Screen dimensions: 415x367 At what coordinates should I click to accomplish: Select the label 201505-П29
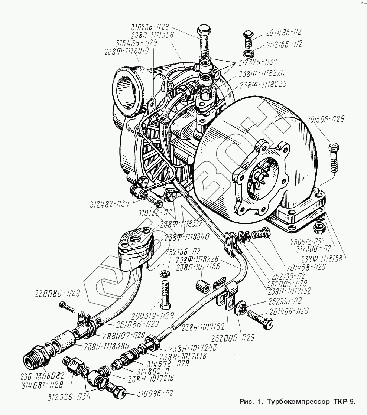326,120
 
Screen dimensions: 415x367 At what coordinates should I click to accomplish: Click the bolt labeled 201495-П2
248,38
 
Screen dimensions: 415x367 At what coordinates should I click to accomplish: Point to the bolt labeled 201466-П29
260,320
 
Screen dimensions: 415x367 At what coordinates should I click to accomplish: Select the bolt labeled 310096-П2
117,392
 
